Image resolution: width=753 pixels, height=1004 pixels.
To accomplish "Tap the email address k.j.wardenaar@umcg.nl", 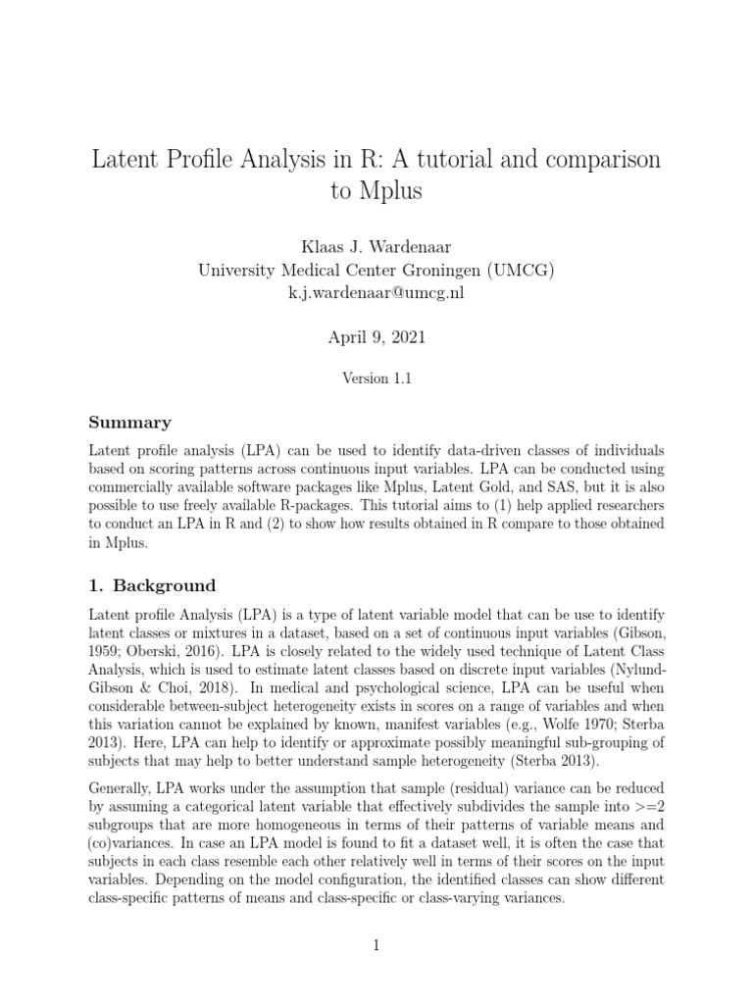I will coord(376,294).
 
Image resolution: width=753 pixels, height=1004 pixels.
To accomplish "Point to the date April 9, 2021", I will coord(376,338).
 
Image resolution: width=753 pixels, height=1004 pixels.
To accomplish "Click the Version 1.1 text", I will coord(376,379).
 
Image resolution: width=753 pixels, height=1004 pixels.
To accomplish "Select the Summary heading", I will coord(129,423).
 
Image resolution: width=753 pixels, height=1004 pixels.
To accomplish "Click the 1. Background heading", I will coord(152,586).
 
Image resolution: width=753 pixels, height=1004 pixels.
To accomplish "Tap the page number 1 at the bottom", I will coord(376,945).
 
